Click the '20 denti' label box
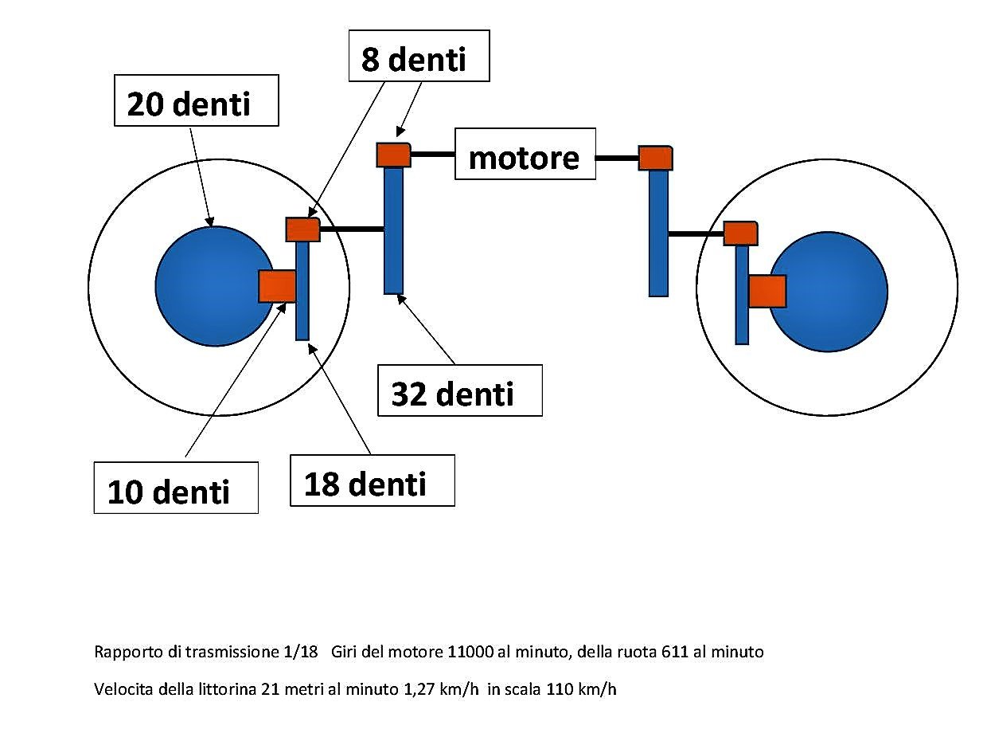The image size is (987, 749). click(197, 100)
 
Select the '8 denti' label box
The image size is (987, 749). click(419, 56)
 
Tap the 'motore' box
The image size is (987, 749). click(525, 154)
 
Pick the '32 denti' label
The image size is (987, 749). click(459, 390)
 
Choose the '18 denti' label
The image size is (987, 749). click(372, 480)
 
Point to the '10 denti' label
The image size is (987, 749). click(176, 488)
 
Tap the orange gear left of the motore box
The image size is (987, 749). click(393, 155)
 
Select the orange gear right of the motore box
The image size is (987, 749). click(656, 158)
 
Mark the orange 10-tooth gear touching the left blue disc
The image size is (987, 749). click(277, 285)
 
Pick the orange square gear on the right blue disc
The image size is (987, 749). click(767, 291)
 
